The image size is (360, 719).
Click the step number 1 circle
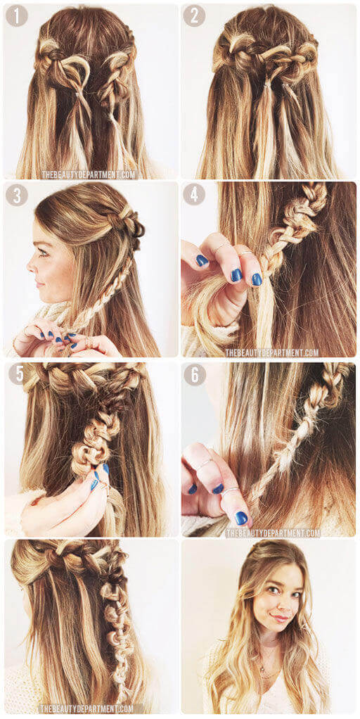click(x=16, y=16)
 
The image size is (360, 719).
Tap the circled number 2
click(x=194, y=16)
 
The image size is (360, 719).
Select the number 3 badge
click(x=17, y=195)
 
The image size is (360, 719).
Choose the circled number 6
click(x=195, y=374)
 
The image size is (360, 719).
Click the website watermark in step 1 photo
click(x=89, y=174)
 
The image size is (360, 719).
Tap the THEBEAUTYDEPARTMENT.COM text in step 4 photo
click(x=272, y=352)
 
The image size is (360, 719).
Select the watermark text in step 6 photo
click(x=273, y=533)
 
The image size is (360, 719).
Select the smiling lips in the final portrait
click(x=280, y=618)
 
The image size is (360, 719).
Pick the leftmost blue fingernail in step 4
click(x=202, y=260)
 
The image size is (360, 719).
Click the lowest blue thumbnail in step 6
click(x=241, y=518)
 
